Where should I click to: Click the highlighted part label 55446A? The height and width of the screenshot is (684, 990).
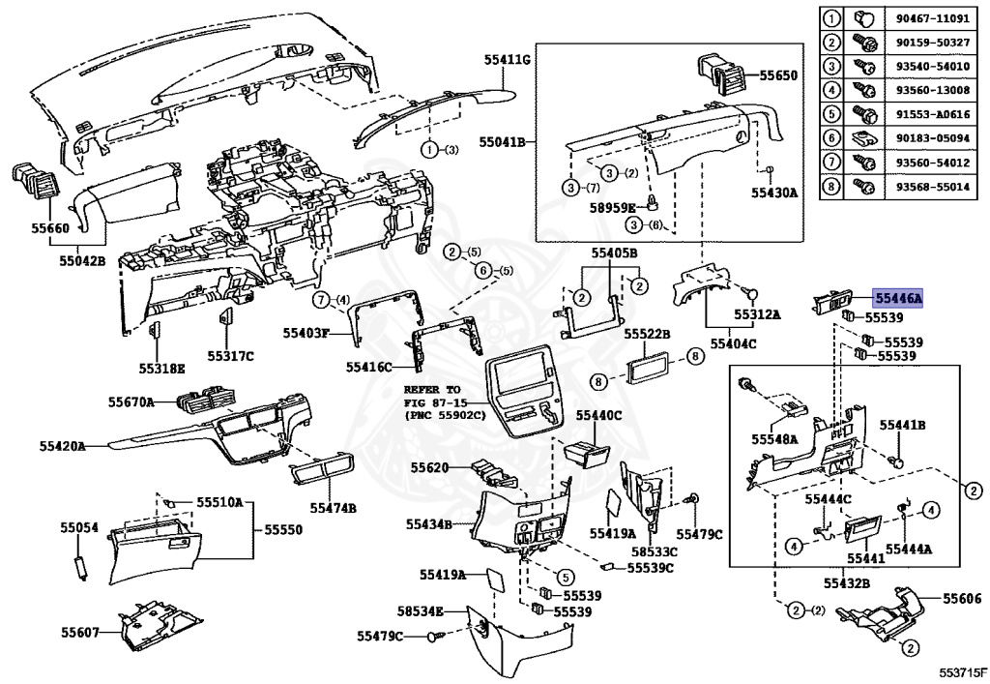(898, 300)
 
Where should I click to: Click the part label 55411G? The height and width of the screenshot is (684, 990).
(509, 60)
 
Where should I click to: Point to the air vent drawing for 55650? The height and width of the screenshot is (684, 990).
(719, 74)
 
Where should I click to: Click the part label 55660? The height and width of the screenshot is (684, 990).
(50, 228)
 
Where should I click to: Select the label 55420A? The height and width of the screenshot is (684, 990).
(64, 446)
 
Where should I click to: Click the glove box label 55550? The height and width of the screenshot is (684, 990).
(283, 531)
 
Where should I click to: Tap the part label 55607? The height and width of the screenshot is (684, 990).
(80, 632)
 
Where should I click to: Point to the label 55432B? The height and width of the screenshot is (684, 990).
(847, 583)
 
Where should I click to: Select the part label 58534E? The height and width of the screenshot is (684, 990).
(420, 610)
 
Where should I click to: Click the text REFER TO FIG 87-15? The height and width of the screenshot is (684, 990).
(433, 397)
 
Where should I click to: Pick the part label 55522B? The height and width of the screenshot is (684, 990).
(647, 333)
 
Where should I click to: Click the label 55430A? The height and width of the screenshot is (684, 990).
(773, 193)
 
